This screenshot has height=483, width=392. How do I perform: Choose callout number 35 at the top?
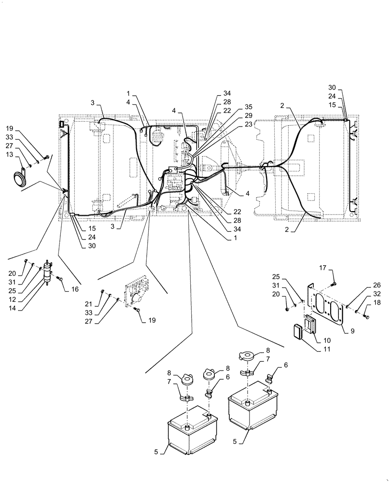tap(235, 106)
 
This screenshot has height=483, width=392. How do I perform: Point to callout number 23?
tap(235, 124)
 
